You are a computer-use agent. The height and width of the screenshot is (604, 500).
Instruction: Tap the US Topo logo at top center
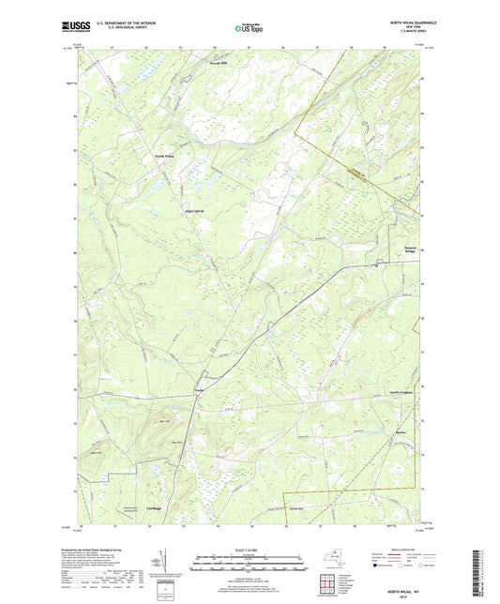[x=248, y=29]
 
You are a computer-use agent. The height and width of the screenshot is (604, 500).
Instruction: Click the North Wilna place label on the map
[x=165, y=155]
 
